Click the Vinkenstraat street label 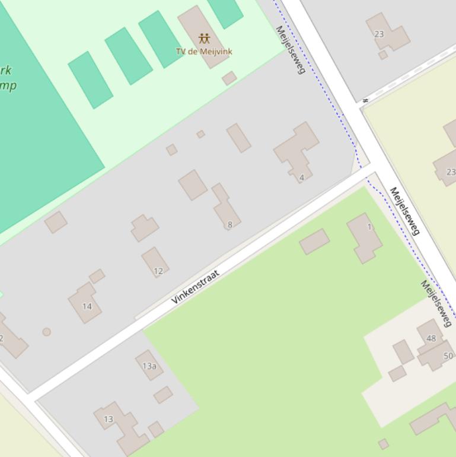click(x=195, y=287)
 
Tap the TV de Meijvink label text click(x=204, y=52)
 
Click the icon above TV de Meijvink click(x=205, y=39)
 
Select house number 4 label click(x=302, y=177)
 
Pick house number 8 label click(x=229, y=224)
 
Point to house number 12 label click(x=158, y=271)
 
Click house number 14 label click(x=87, y=306)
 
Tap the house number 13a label click(x=149, y=366)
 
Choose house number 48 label click(x=431, y=338)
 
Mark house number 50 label click(x=448, y=356)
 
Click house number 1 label click(x=369, y=227)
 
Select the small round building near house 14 click(x=46, y=332)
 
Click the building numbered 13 click(x=122, y=423)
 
